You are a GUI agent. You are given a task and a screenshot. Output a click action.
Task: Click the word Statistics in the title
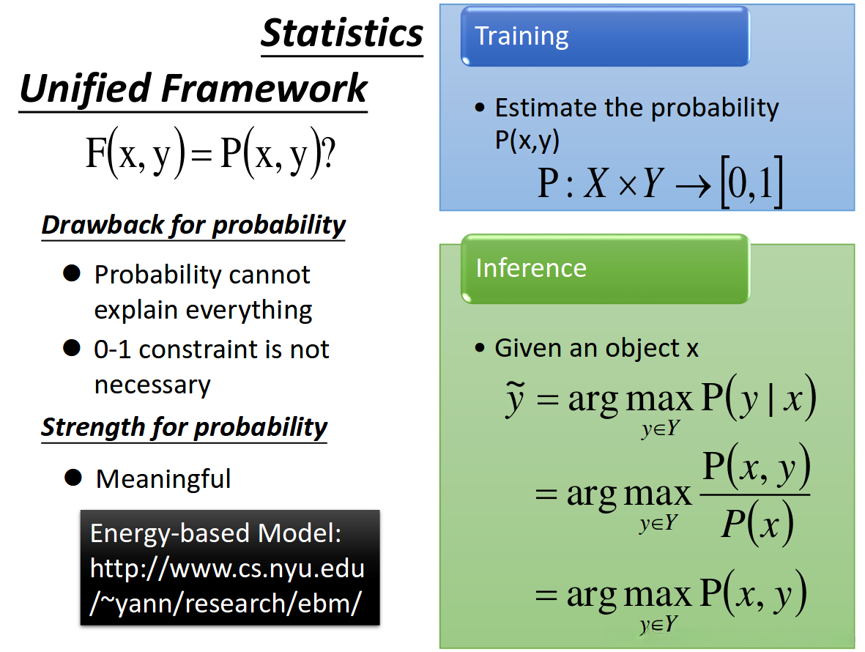click(342, 34)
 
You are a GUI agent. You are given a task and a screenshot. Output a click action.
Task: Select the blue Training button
click(605, 37)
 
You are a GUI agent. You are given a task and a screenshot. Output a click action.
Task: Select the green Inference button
click(605, 269)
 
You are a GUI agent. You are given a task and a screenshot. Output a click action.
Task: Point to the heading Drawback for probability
click(193, 225)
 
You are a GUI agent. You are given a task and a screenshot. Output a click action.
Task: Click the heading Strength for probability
click(185, 428)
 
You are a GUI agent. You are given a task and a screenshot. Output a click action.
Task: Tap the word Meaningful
click(163, 479)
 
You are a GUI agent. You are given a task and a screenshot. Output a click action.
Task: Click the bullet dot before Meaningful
click(73, 478)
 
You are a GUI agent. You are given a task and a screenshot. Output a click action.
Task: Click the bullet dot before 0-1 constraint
click(72, 347)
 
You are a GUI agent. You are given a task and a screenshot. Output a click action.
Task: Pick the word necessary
click(152, 385)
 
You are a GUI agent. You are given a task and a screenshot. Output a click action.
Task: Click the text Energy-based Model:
click(215, 533)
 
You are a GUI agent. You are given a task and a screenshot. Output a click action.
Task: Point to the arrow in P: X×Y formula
click(694, 187)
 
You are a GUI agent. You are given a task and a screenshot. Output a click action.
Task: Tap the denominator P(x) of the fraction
click(757, 523)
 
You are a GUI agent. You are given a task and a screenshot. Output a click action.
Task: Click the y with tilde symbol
click(515, 399)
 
